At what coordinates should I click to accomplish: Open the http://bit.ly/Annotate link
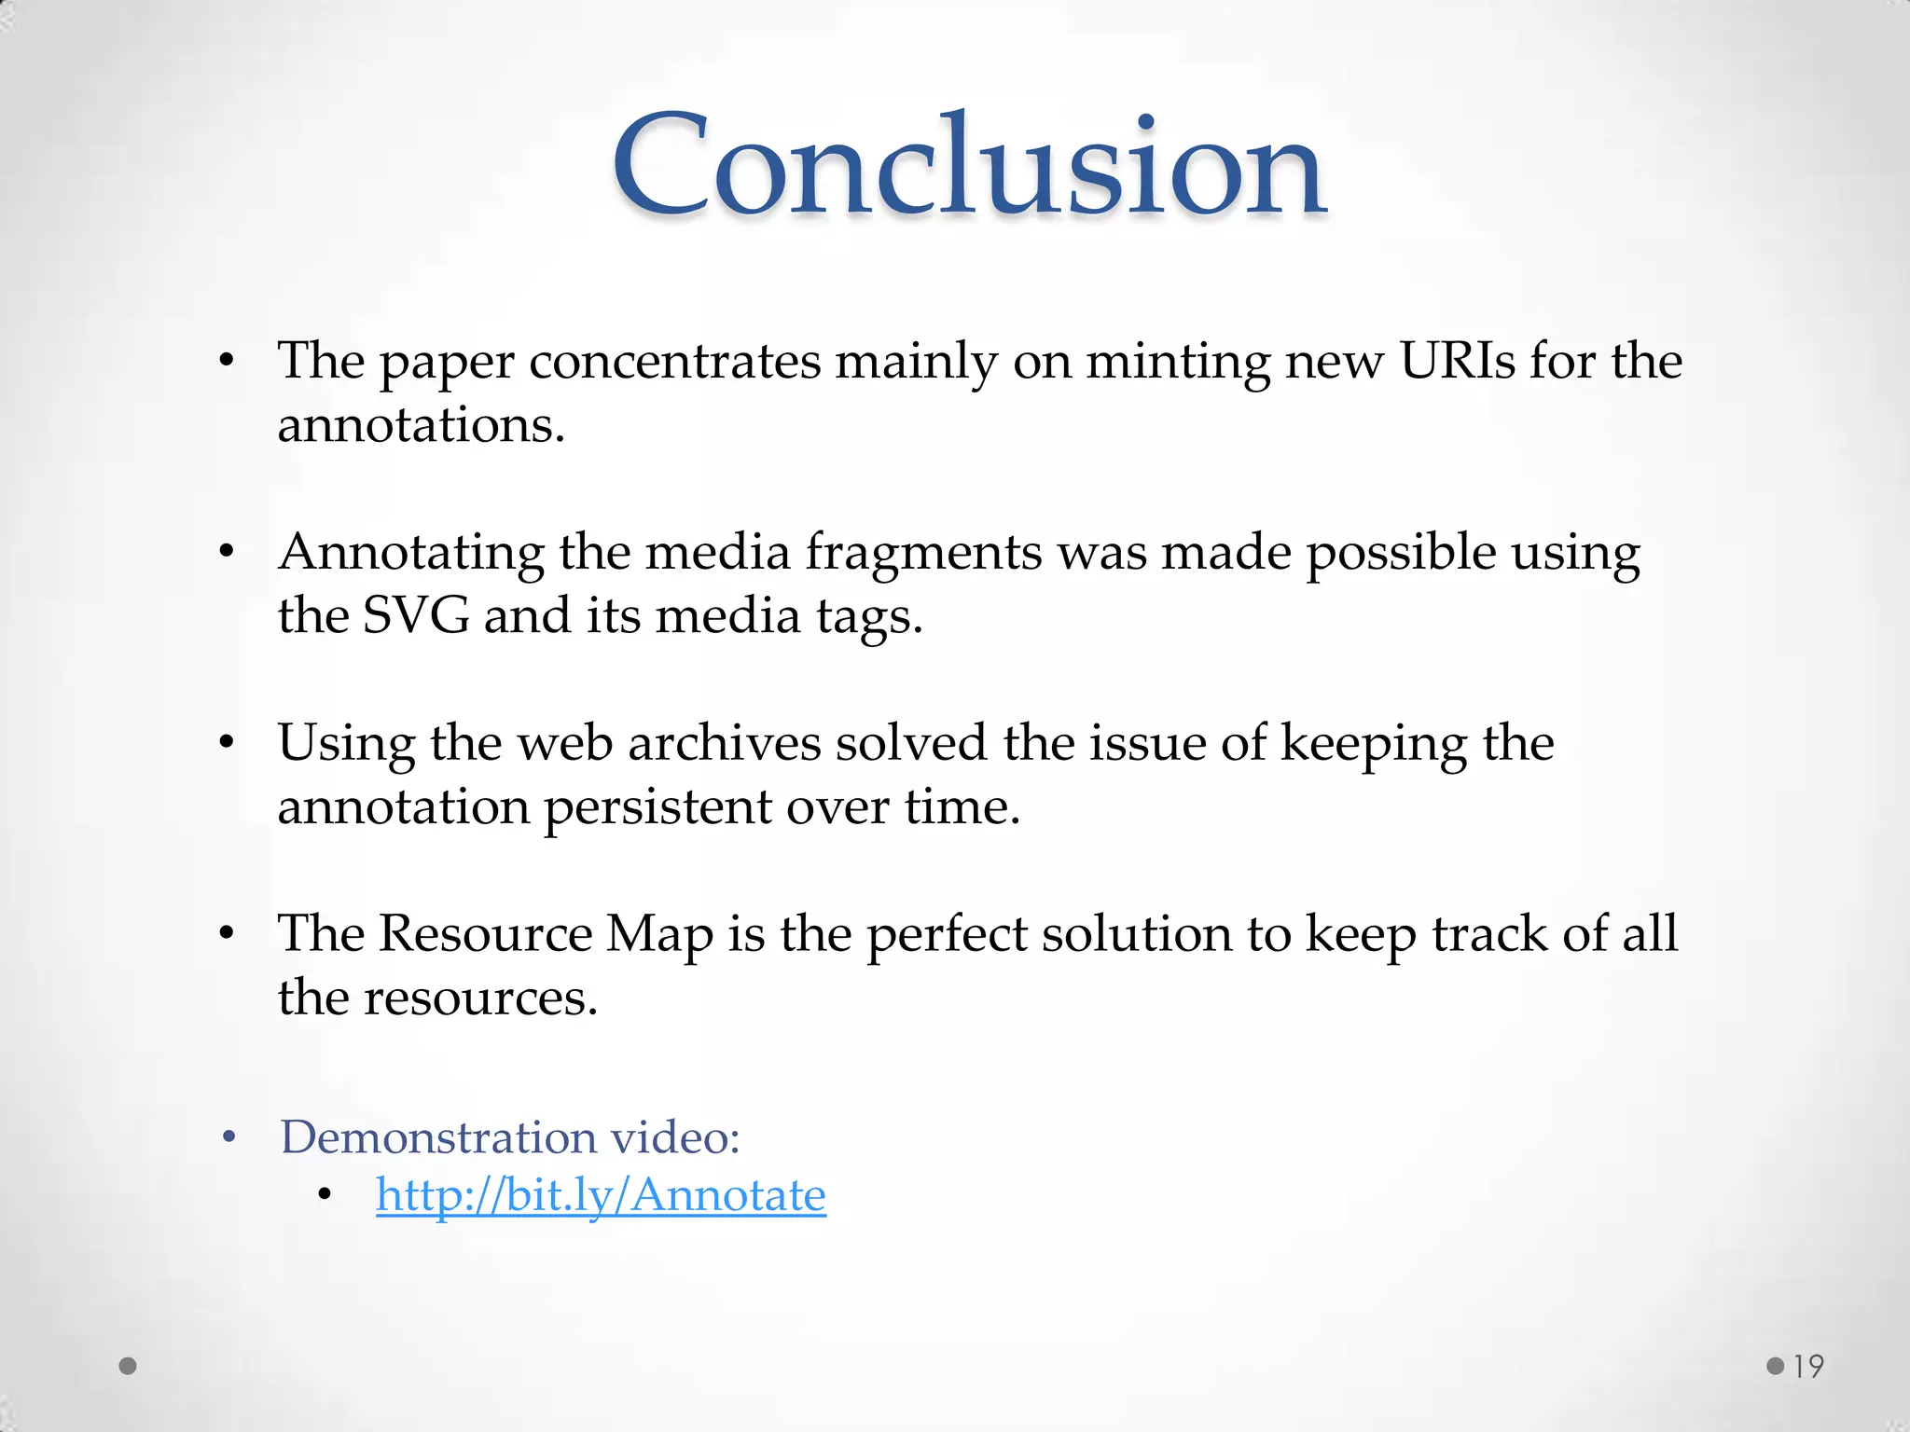tap(601, 1195)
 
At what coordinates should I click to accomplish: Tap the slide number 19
tap(1808, 1367)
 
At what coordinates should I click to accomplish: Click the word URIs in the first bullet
tap(1457, 361)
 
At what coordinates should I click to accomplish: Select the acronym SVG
tap(415, 616)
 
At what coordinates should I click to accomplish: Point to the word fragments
tap(923, 552)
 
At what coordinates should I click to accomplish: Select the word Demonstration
tap(438, 1137)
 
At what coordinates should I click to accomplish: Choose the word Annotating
tap(411, 552)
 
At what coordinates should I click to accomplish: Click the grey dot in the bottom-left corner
tap(129, 1367)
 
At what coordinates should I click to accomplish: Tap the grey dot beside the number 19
tap(1776, 1367)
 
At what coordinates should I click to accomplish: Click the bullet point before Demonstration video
tap(229, 1138)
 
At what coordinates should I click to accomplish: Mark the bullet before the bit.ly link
tap(325, 1196)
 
